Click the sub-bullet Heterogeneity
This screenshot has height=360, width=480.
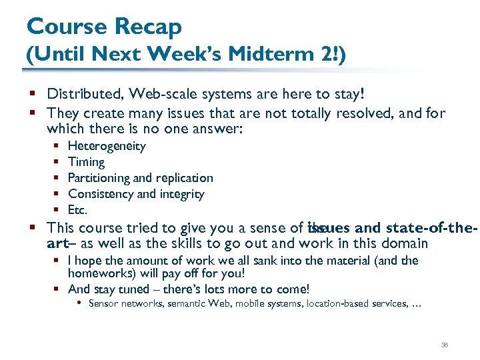click(x=107, y=146)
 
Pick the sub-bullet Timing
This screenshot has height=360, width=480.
click(x=86, y=162)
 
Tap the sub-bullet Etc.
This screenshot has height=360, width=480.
click(x=77, y=210)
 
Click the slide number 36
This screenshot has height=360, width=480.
click(x=445, y=345)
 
